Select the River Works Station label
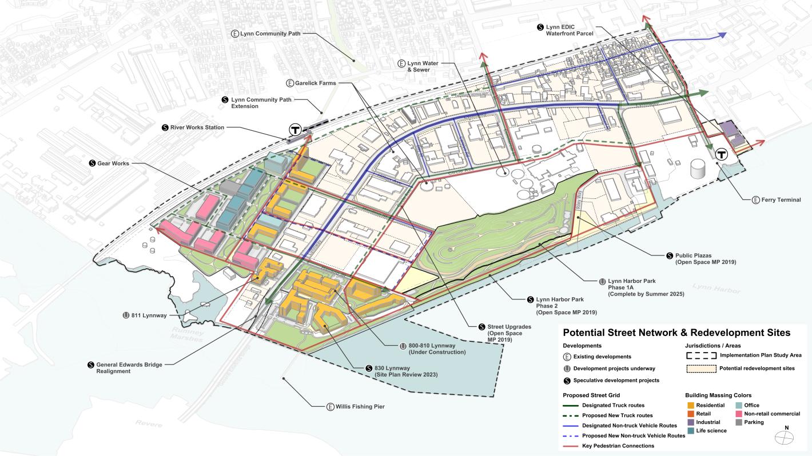coord(197,127)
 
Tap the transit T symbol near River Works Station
coord(296,129)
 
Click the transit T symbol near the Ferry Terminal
coord(722,154)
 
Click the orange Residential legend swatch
coord(691,405)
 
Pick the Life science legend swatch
coord(691,430)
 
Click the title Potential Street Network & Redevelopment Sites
coord(676,333)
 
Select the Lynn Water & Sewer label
coord(421,66)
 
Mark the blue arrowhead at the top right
coord(722,35)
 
